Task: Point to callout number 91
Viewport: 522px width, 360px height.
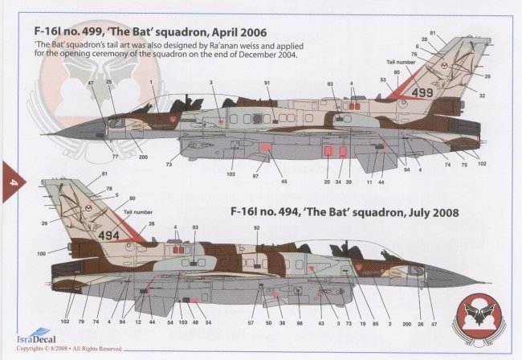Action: (x=267, y=84)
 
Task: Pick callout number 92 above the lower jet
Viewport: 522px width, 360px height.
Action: (x=256, y=227)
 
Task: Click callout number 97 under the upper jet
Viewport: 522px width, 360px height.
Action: (x=255, y=174)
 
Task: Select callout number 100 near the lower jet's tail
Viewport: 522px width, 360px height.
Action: (x=42, y=254)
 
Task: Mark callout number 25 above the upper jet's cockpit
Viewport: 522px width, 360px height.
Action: (x=108, y=82)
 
